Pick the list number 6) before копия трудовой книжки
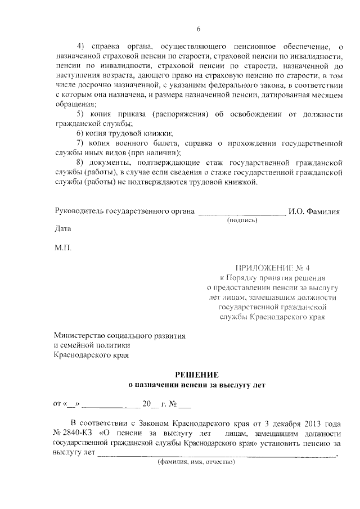point(80,133)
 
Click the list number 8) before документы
point(80,163)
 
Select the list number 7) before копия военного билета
point(80,143)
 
